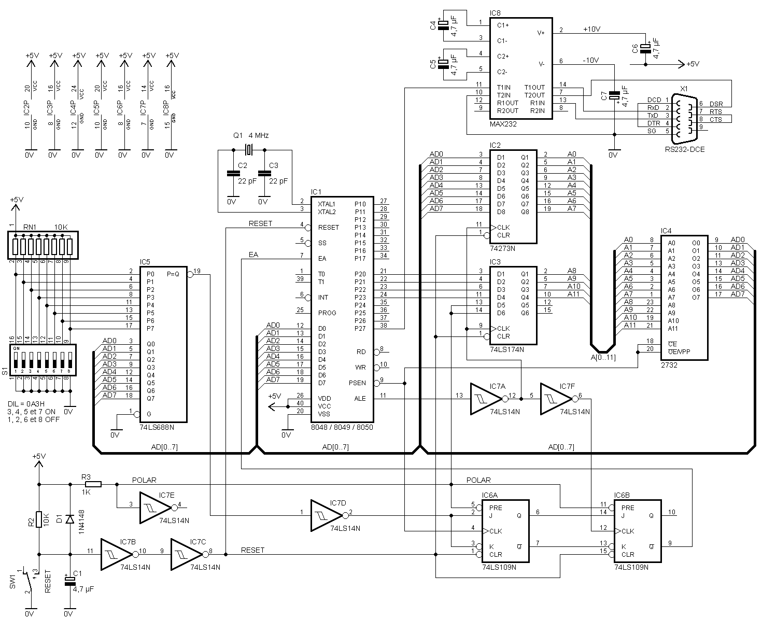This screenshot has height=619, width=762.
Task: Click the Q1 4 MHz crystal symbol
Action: (249, 150)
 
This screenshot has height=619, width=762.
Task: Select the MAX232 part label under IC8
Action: (503, 124)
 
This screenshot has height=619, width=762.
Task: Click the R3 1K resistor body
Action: (93, 484)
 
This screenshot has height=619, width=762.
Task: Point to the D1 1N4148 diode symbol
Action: (70, 519)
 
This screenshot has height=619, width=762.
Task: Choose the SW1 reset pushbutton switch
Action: (28, 580)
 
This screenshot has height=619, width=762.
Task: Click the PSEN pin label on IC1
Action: (357, 383)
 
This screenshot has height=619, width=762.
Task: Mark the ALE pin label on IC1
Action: (360, 399)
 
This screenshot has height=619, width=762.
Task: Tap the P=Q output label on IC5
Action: (173, 274)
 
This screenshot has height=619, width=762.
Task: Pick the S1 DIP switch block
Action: (43, 360)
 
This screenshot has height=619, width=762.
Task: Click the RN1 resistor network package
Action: (43, 245)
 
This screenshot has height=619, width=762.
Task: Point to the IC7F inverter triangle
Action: (556, 399)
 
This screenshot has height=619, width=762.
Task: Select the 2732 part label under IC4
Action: (669, 365)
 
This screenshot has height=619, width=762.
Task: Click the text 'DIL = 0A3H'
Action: (26, 404)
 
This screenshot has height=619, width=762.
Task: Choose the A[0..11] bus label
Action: (603, 357)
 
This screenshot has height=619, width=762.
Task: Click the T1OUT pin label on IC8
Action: (534, 87)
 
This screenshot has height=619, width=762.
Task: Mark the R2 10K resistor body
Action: (39, 519)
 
